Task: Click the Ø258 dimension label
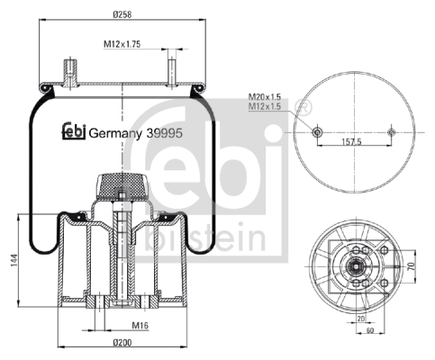(122, 14)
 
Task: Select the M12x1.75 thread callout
(122, 44)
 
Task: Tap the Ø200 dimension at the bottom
(122, 342)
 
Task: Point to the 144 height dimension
(14, 261)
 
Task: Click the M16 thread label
(140, 325)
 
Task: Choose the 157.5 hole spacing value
(352, 141)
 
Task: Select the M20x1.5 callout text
(265, 97)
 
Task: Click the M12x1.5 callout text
(265, 106)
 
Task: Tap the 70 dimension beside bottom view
(412, 265)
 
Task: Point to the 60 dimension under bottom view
(370, 330)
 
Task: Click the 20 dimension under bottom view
(361, 319)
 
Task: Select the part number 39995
(164, 133)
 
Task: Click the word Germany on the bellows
(115, 134)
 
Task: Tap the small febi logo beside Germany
(74, 130)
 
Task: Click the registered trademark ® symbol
(304, 107)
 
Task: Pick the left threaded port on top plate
(70, 74)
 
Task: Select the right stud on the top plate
(172, 73)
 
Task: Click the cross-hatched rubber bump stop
(122, 185)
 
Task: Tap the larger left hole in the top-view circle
(317, 132)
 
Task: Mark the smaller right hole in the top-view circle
(391, 132)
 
